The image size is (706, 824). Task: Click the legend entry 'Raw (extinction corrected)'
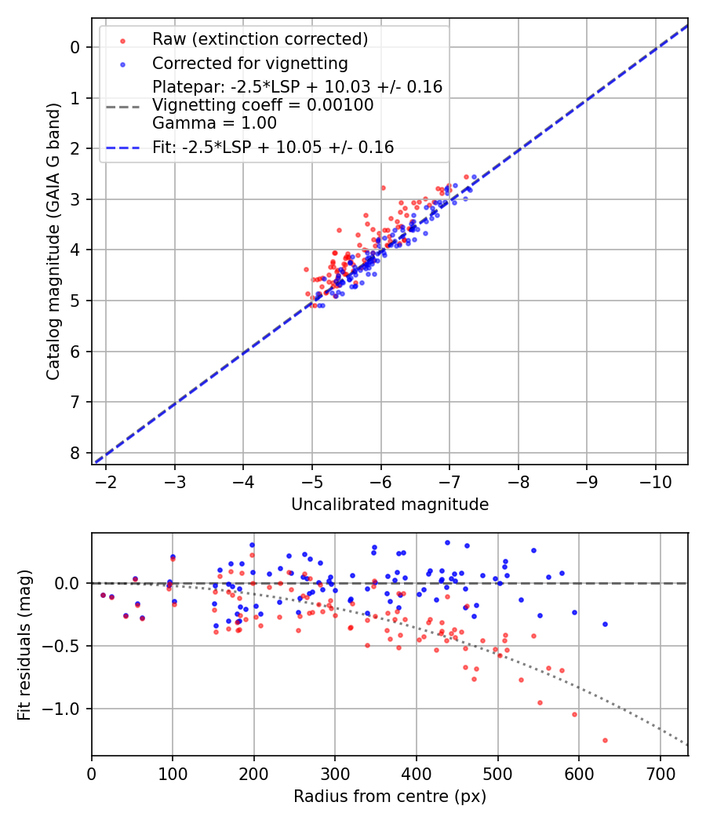point(260,39)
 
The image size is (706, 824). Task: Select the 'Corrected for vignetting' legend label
point(249,63)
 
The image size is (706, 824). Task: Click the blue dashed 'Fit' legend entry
point(273,148)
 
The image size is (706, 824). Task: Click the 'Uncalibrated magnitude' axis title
point(390,505)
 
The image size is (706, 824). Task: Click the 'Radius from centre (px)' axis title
point(390,797)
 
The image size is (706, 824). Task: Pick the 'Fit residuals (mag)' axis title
point(24,645)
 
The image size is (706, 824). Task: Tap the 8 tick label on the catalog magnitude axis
point(75,453)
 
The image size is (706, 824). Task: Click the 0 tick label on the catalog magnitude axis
point(75,47)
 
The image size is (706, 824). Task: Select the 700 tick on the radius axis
point(660,774)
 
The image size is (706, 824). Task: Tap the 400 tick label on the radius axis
point(417,774)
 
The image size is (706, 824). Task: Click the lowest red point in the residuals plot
point(605,740)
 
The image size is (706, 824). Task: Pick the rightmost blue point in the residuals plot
point(605,624)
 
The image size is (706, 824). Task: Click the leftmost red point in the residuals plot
point(103,595)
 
